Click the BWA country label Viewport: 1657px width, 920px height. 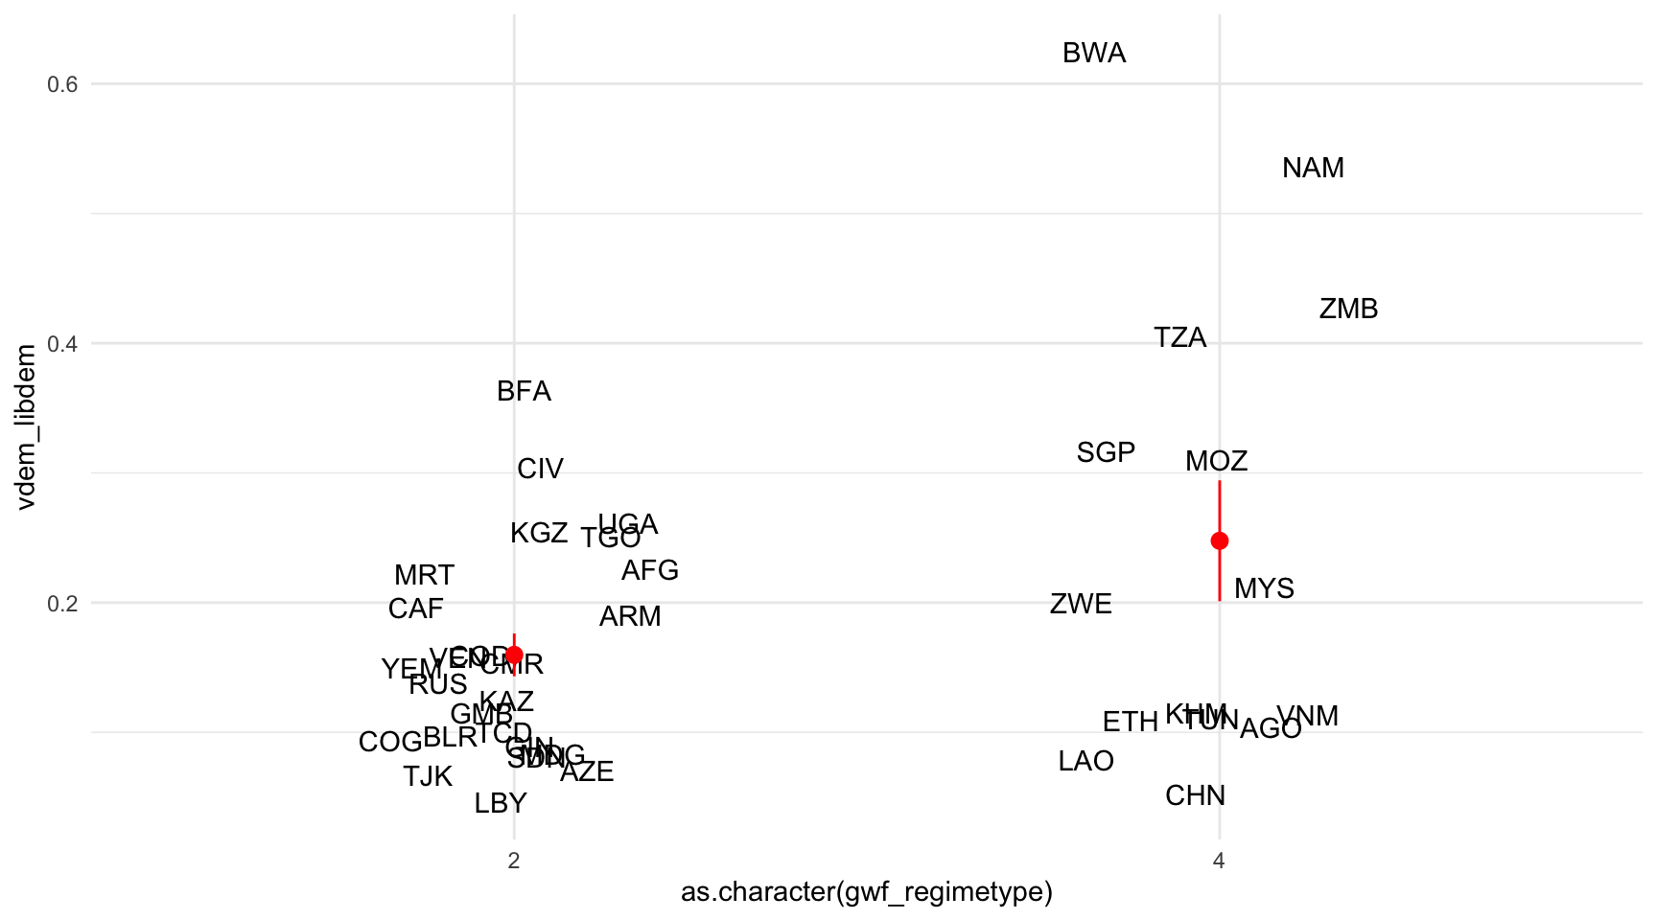click(1094, 53)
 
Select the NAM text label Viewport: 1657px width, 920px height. click(1313, 168)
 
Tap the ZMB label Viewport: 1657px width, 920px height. click(1348, 309)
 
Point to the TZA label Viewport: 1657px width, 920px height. click(1179, 337)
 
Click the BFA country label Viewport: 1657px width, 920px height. click(524, 391)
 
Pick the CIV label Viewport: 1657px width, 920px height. click(540, 469)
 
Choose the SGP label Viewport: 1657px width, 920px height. click(1106, 452)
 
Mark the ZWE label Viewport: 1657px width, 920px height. click(1081, 604)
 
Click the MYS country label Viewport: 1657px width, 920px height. click(1264, 588)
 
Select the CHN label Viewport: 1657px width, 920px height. click(1195, 795)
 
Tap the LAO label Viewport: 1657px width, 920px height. click(1085, 761)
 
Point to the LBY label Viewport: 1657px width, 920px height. click(501, 803)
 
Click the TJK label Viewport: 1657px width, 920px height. click(428, 776)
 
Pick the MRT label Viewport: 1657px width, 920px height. click(424, 575)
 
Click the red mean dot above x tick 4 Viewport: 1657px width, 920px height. click(1219, 540)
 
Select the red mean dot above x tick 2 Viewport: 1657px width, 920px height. click(514, 655)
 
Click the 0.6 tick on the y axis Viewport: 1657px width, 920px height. click(62, 84)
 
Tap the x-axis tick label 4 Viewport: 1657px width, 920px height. click(1219, 861)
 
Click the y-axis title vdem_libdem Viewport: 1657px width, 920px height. click(26, 426)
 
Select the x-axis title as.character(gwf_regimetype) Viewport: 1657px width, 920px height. click(866, 892)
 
